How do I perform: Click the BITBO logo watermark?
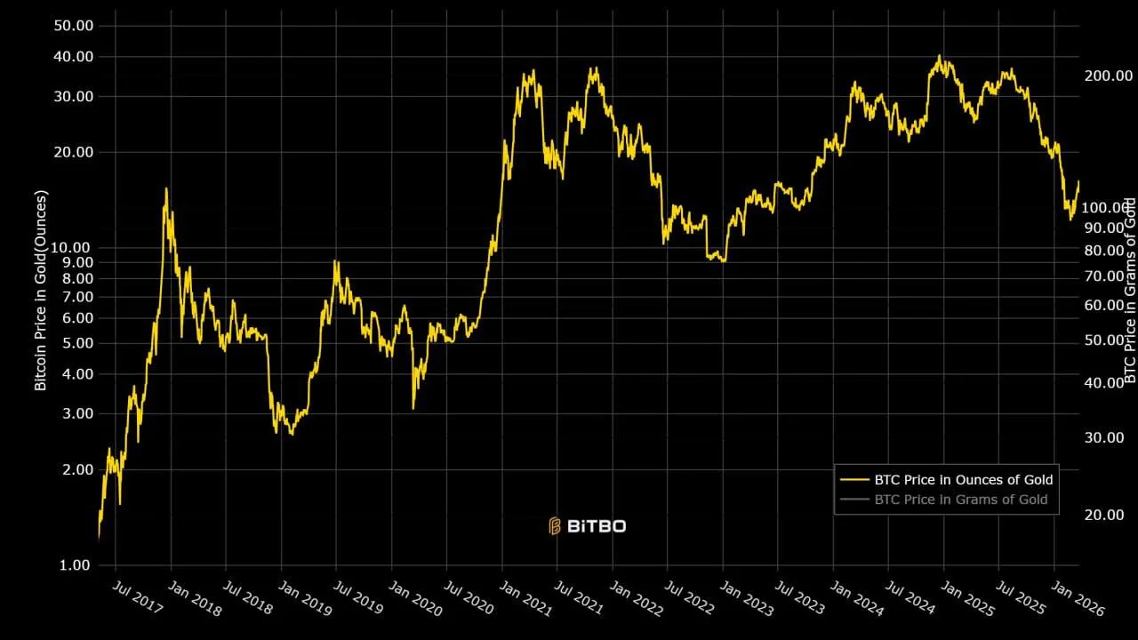[588, 526]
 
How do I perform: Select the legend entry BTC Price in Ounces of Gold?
[963, 480]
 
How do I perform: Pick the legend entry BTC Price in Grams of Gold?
[960, 500]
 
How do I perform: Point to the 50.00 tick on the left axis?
[74, 26]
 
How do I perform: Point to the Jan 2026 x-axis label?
[1077, 597]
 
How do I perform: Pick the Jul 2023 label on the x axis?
[797, 597]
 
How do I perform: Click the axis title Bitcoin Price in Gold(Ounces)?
[40, 291]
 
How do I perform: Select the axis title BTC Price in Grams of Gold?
[1130, 291]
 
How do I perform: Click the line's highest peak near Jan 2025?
[939, 56]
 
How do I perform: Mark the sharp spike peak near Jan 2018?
[166, 188]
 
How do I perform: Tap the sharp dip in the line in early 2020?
[413, 408]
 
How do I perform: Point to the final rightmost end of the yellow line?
[1078, 181]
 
